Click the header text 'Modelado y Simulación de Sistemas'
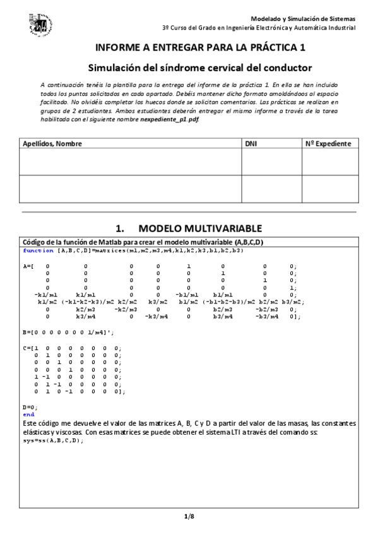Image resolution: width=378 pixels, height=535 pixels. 303,19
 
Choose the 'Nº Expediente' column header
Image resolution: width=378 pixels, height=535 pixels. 328,144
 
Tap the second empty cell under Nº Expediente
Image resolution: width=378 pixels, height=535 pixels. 329,189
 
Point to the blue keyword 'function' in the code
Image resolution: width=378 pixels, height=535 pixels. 38,250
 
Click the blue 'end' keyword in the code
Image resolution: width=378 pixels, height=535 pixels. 28,414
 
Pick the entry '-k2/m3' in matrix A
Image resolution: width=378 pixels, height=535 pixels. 124,309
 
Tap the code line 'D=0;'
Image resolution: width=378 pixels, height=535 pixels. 30,408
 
